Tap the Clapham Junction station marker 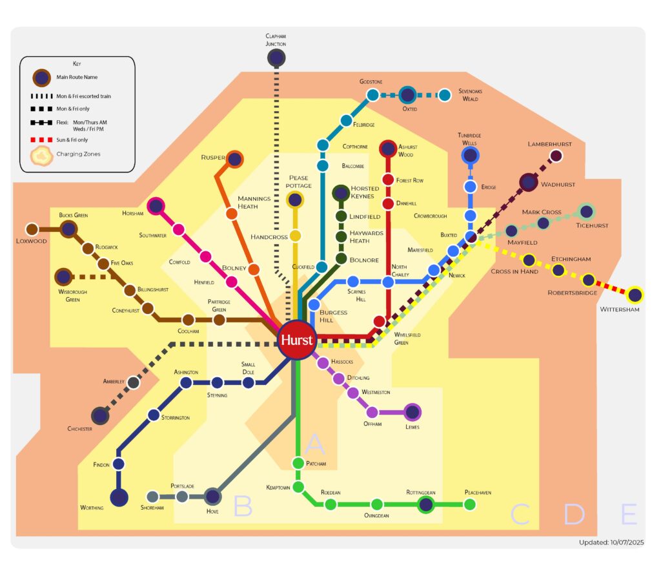coord(276,58)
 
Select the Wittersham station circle coord(635,295)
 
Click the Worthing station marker coord(119,498)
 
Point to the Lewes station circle coord(412,412)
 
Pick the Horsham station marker coord(156,207)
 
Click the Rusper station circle coord(234,159)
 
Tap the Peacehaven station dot coord(470,504)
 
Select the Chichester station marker coord(100,415)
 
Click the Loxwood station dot coord(32,229)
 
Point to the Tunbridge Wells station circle coord(471,156)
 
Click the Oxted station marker coord(407,96)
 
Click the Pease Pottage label coord(299,182)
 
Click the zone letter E coord(629,515)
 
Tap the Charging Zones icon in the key coord(43,154)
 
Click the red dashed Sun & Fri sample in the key coord(43,140)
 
